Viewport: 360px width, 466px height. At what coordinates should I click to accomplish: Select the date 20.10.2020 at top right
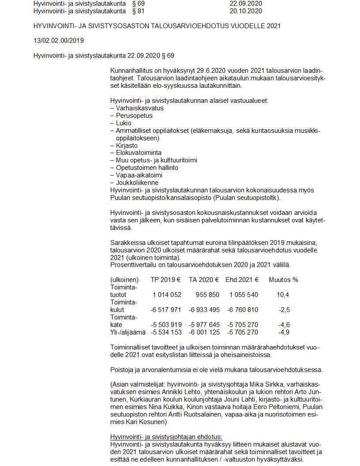point(246,10)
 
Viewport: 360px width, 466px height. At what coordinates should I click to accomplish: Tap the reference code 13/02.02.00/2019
point(59,41)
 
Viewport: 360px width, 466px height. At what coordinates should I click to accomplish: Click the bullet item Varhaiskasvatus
point(139,108)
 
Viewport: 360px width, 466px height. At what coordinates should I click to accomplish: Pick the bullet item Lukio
point(124,123)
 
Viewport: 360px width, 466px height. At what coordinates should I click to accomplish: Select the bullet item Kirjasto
point(127,146)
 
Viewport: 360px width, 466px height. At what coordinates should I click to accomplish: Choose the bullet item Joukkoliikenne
point(137,183)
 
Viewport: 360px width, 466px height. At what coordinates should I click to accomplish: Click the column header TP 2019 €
point(165,280)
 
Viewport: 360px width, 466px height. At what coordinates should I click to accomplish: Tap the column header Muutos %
point(283,280)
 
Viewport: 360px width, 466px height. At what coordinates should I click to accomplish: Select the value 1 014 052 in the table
point(167,295)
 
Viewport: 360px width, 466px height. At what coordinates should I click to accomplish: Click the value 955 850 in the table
point(204,295)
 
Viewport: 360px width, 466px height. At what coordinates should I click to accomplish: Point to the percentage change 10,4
point(283,295)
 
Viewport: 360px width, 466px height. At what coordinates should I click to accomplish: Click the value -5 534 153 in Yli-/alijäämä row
point(166,332)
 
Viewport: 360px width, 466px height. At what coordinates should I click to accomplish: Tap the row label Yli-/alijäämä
point(127,332)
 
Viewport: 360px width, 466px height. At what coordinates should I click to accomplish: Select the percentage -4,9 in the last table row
point(284,332)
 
